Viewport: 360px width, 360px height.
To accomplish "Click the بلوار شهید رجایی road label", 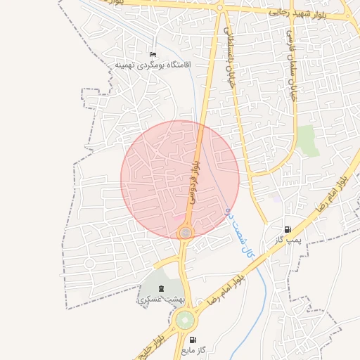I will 298,12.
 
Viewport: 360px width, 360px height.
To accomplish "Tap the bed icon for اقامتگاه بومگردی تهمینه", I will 153,55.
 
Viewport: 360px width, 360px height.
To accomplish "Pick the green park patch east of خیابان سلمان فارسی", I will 307,141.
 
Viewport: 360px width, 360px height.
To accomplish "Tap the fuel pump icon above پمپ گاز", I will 288,229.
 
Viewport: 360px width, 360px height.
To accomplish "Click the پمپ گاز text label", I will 288,240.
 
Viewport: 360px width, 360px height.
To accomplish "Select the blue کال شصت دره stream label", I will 238,230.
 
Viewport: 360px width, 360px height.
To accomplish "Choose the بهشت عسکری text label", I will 160,299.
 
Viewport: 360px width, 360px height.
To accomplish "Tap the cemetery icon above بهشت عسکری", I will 161,288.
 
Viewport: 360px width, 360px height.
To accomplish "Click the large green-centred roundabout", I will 185,321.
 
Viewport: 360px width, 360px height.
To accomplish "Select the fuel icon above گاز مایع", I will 193,340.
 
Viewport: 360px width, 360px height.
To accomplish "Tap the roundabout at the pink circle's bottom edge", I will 185,232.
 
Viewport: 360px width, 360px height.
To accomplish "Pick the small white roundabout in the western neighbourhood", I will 89,263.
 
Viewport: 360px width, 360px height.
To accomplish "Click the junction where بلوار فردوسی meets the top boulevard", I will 219,8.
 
